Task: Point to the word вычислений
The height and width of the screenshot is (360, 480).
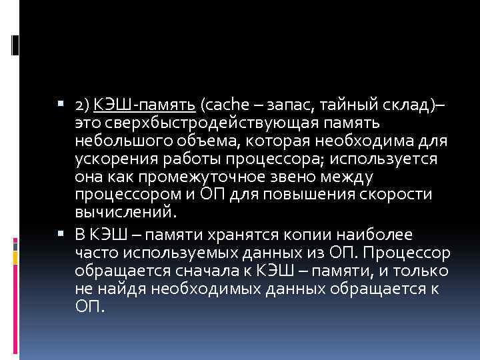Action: pos(126,213)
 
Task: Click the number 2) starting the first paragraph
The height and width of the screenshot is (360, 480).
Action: pos(83,105)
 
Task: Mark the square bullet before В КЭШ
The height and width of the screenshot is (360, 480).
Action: pos(61,235)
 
